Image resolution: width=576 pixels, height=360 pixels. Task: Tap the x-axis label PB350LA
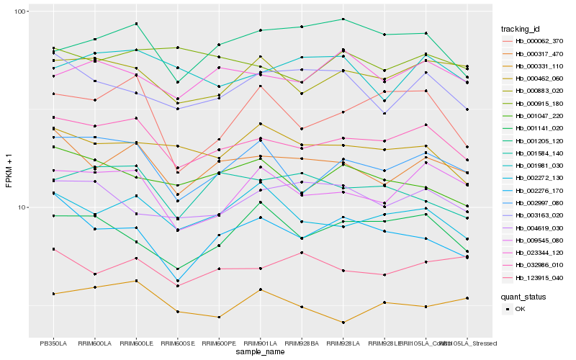[x=53, y=343]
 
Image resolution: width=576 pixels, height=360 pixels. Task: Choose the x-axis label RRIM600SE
[x=177, y=343]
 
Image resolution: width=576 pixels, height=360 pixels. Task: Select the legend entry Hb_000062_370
[x=539, y=41]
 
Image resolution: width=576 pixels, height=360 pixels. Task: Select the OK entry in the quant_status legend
[x=520, y=308]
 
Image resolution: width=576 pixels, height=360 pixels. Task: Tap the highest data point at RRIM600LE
[x=136, y=24]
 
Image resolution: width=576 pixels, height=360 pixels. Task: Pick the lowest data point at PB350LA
[x=53, y=294]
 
